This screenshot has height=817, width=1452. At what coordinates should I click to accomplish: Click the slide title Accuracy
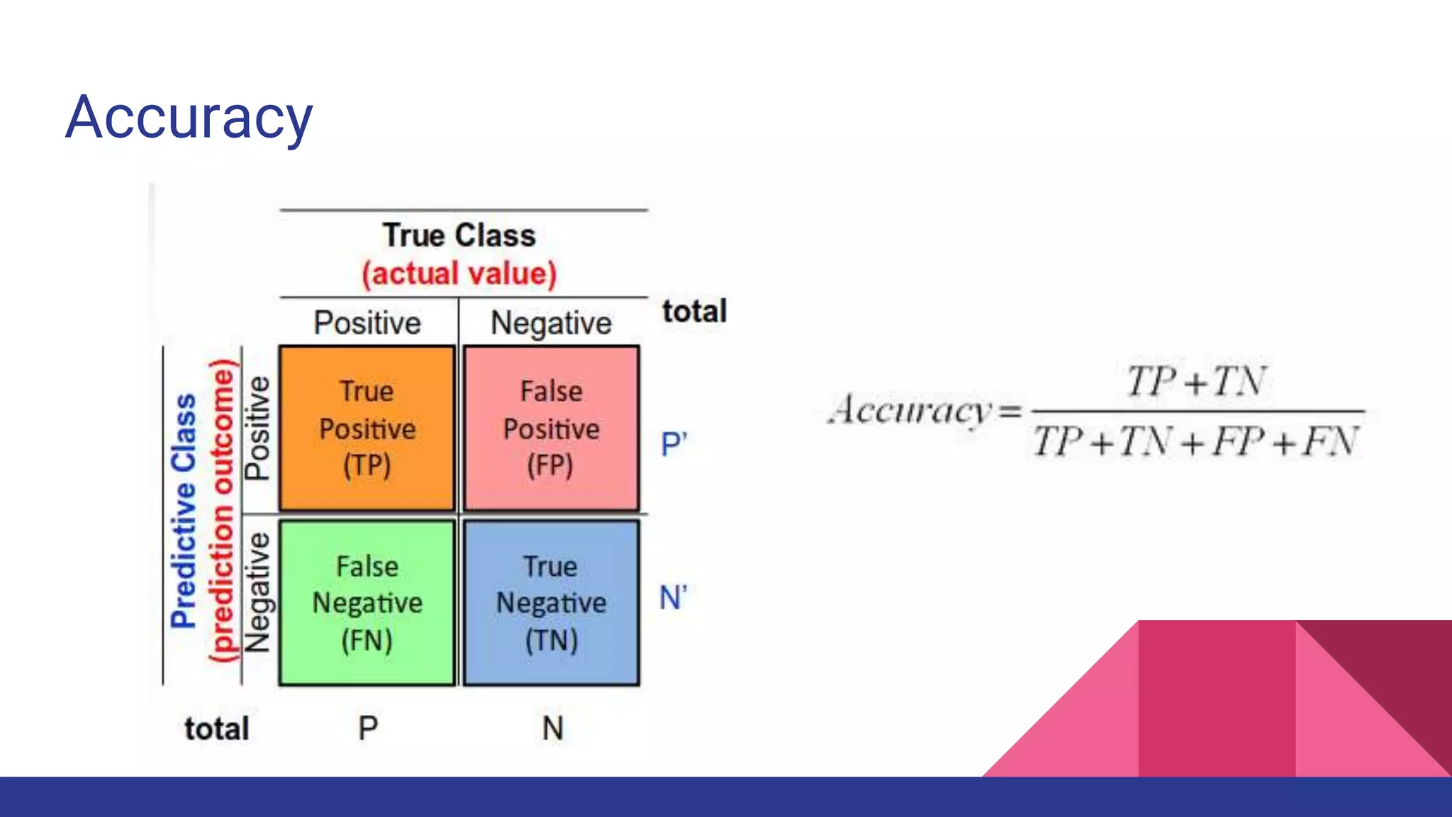pos(189,118)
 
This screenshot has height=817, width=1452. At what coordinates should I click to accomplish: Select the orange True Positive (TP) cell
pos(367,428)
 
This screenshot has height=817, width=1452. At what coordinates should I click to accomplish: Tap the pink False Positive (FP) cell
pos(551,428)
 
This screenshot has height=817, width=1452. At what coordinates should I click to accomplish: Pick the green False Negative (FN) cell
pos(367,603)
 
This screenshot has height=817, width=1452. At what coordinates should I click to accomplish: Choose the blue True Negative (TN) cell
pos(551,603)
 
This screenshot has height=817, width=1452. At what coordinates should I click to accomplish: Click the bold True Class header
pos(459,235)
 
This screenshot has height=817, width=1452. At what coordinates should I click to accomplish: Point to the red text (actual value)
pos(459,274)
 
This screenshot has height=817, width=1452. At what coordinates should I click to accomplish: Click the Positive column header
pos(367,323)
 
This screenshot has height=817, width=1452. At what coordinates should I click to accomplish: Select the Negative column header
pos(551,323)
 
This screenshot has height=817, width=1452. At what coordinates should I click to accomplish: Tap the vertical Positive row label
pos(257,428)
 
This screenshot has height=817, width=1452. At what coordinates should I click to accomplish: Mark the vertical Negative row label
pos(257,593)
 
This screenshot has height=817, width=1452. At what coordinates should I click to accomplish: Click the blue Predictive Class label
pos(184,511)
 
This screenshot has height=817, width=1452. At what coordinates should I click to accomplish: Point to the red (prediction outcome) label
pos(222,511)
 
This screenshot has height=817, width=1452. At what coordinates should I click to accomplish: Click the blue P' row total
pos(674,445)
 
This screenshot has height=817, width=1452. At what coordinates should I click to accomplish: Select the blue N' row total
pos(673,598)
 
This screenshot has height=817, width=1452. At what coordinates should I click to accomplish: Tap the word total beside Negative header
pos(695,311)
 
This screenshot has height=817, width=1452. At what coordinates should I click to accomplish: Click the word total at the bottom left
pos(217,729)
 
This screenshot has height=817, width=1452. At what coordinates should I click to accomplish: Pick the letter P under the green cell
pos(368,728)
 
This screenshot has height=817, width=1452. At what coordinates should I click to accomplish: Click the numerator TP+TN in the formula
pos(1196,382)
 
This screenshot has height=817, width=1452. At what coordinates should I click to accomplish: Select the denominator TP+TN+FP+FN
pos(1195,442)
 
